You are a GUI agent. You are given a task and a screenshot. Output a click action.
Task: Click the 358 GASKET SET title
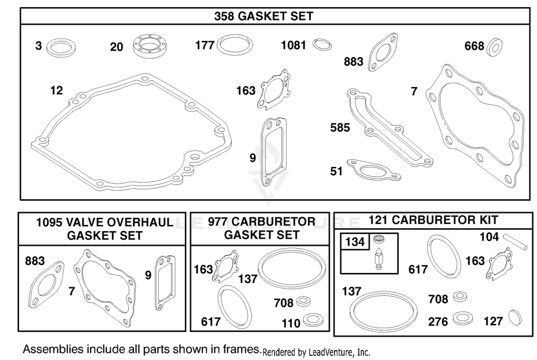264,16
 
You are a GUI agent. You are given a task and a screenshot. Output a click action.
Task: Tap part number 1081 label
294,45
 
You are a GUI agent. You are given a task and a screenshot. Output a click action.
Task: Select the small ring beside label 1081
322,45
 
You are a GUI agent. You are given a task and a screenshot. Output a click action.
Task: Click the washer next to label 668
494,47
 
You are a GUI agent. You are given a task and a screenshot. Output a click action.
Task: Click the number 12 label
57,90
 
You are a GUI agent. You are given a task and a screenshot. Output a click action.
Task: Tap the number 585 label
340,128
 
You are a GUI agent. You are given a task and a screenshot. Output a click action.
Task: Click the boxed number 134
355,242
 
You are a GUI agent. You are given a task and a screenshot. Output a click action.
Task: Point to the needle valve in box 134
379,259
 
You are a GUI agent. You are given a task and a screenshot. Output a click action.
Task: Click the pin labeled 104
515,242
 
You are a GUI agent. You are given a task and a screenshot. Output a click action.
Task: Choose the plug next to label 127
515,317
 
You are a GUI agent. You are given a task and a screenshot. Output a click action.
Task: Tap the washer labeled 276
463,318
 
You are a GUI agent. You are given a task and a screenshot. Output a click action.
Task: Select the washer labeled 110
313,320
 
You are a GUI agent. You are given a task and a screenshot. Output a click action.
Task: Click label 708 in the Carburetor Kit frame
438,299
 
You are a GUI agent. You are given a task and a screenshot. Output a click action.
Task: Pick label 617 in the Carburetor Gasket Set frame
211,322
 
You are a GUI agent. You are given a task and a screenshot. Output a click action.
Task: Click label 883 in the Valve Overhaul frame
35,261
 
